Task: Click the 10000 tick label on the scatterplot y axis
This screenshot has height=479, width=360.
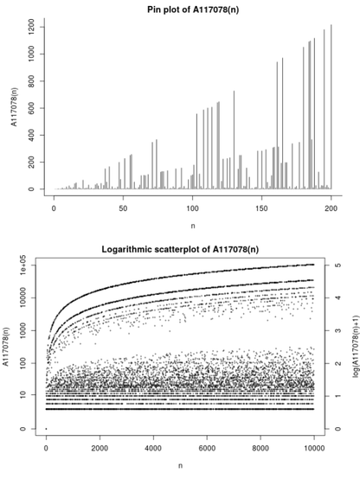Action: point(29,298)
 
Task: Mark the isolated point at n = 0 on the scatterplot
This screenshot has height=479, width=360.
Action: point(47,429)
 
